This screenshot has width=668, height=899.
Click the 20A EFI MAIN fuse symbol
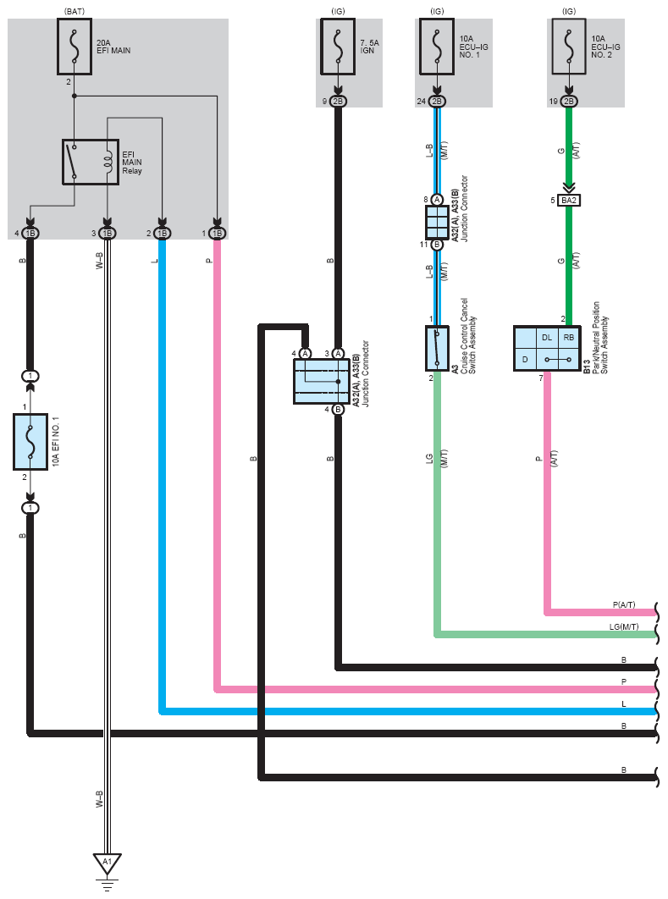click(x=75, y=47)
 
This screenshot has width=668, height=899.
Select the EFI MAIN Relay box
click(x=91, y=163)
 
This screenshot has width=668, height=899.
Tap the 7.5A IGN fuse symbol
click(x=338, y=47)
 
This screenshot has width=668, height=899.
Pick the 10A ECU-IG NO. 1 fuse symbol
click(x=437, y=47)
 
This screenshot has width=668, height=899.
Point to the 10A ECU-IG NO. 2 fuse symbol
click(x=569, y=47)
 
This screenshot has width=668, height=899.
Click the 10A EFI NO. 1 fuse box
click(x=30, y=442)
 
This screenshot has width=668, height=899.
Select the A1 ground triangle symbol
click(x=108, y=863)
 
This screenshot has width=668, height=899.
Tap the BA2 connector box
click(x=569, y=200)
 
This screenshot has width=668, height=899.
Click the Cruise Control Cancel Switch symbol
click(x=437, y=348)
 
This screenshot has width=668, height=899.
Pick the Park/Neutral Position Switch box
click(x=547, y=348)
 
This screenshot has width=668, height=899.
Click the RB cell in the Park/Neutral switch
click(x=569, y=337)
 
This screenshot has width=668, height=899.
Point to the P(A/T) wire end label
click(x=624, y=604)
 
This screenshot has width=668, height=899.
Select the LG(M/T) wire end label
click(x=624, y=626)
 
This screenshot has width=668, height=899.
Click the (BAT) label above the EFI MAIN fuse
click(x=75, y=12)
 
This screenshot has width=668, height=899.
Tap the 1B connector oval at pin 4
click(x=30, y=234)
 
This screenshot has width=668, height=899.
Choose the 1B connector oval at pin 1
click(x=218, y=234)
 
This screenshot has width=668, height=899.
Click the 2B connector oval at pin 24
click(x=437, y=102)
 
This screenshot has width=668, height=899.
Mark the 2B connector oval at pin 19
click(x=569, y=102)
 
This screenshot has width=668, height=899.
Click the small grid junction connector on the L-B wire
click(x=437, y=222)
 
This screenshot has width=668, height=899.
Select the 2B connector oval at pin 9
click(x=338, y=102)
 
